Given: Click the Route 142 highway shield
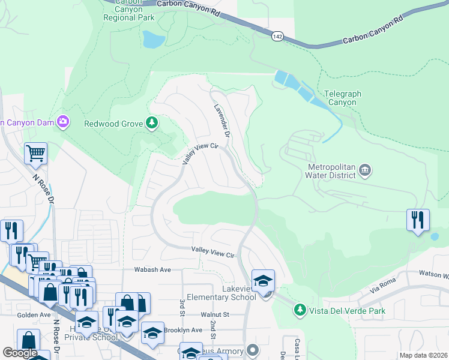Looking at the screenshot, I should pos(277,36).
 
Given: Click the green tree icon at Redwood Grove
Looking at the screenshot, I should pos(152,124).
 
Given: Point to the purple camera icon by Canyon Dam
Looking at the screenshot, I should pos(63,122).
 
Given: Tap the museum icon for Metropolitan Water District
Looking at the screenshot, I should pos(364,172).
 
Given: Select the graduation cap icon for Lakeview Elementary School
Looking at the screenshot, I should pos(262,280).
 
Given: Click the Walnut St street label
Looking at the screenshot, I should pos(215,314).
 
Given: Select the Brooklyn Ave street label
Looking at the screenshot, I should pos(183,330).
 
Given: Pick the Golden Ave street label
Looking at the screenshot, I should pos(17,314).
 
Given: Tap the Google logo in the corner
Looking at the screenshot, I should pos(20,353).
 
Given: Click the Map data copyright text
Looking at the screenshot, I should pos(423,355).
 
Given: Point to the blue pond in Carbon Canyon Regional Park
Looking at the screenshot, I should pos(154,40).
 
